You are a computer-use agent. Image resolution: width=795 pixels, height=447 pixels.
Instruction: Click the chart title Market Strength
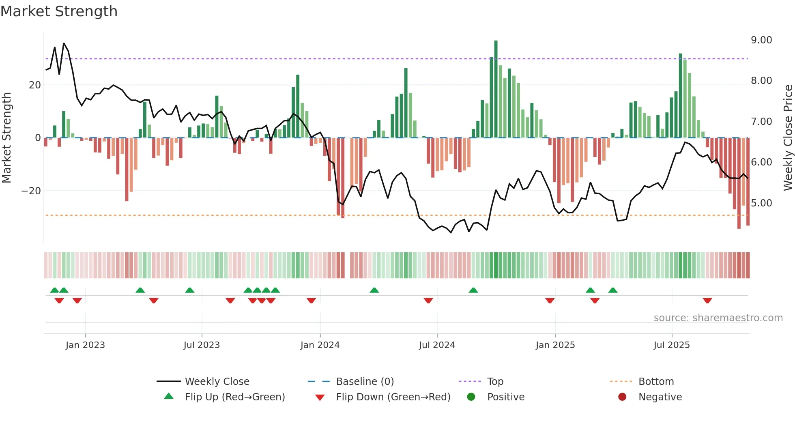point(59,11)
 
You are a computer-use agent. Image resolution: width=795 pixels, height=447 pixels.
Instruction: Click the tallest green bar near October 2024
point(496,89)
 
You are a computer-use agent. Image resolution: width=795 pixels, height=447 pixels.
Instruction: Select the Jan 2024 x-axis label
point(320,345)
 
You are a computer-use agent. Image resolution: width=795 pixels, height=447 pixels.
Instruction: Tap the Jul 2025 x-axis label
point(672,345)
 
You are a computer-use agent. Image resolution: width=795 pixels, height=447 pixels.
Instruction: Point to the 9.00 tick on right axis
point(761,40)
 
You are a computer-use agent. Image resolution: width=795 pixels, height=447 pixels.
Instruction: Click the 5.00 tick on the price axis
point(761,203)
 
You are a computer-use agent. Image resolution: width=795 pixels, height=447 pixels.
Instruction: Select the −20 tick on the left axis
point(31,191)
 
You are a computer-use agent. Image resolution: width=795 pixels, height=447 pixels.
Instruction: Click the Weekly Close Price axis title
point(788,138)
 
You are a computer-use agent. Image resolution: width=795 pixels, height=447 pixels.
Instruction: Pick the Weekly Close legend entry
point(217,382)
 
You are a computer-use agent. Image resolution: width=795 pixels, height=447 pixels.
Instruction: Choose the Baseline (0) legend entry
point(365,382)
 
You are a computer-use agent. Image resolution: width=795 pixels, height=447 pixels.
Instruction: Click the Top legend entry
point(495,382)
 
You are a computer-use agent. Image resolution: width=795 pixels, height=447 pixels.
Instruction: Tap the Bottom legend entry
point(656,382)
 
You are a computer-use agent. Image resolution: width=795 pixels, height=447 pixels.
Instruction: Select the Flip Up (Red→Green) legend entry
point(234,397)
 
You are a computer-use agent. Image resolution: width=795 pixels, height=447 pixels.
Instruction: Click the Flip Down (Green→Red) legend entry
point(393,397)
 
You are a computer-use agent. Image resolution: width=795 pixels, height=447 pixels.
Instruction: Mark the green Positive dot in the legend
point(471,397)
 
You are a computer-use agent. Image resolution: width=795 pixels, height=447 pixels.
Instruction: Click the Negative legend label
point(660,397)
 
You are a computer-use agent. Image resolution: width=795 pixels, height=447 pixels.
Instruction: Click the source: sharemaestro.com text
point(718,318)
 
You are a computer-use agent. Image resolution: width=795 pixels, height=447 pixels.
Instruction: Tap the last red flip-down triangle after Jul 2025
point(707,301)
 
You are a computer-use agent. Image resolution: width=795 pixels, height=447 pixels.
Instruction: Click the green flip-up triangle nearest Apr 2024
point(374,290)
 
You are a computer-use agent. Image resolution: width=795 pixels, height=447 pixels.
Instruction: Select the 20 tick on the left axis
point(35,85)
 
